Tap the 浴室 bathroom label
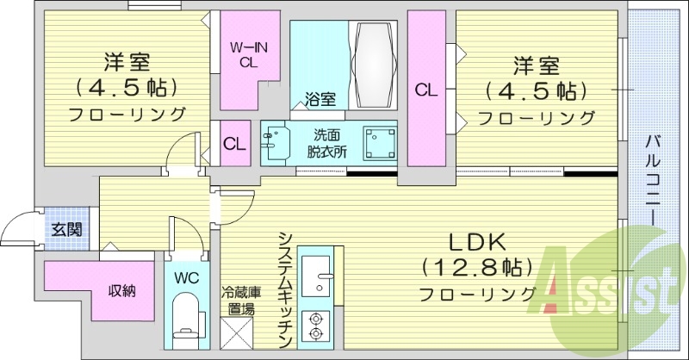tap(320, 99)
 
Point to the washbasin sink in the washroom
tap(276, 142)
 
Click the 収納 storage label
tap(121, 291)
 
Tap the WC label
tap(187, 278)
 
